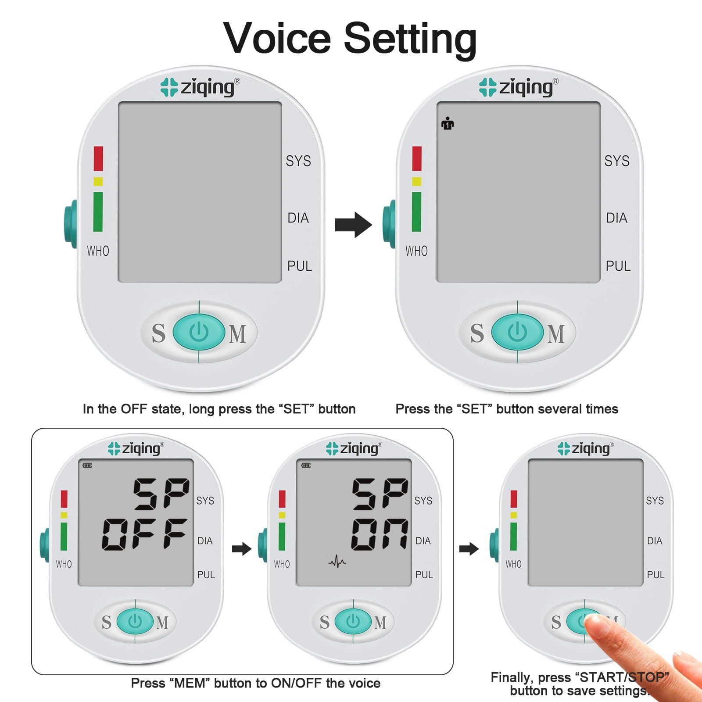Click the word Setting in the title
click(x=410, y=39)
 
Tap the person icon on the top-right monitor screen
click(x=448, y=123)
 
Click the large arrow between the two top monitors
click(x=353, y=225)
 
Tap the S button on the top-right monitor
click(x=477, y=333)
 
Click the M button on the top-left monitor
click(x=237, y=334)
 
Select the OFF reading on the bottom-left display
click(x=145, y=534)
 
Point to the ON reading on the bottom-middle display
click(x=380, y=534)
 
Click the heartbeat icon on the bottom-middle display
click(x=337, y=561)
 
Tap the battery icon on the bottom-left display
click(x=87, y=466)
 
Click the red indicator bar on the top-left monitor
click(x=98, y=158)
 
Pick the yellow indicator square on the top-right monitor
click(x=417, y=181)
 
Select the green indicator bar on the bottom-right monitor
click(x=514, y=536)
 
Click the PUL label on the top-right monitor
click(x=618, y=266)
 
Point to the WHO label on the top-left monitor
click(x=98, y=251)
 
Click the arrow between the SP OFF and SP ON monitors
click(x=241, y=548)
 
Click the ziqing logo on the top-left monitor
click(x=200, y=87)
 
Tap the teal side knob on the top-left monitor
click(x=71, y=224)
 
